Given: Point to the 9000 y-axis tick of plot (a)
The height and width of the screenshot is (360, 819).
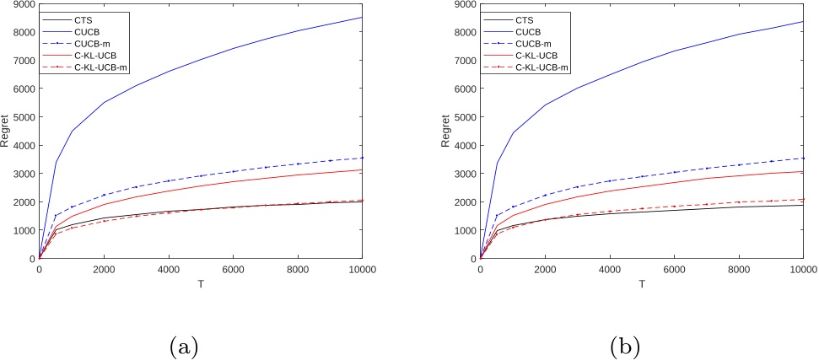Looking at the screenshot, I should point(23,4).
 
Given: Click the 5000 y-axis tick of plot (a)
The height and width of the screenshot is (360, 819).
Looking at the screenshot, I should point(23,117).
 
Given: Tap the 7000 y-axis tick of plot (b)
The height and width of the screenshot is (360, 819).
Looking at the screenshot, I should point(464,61).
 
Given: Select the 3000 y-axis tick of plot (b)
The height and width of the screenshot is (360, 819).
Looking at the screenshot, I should point(464,174).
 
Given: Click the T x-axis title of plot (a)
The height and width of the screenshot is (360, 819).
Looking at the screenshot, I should point(201,284).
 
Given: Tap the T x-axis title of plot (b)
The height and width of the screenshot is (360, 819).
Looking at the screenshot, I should point(642,284).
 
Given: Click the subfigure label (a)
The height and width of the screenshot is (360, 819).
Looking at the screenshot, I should point(183,346).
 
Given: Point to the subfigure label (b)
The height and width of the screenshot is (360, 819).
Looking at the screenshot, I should point(625,346).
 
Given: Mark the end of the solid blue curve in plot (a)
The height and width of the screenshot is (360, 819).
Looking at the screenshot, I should point(362,18).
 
